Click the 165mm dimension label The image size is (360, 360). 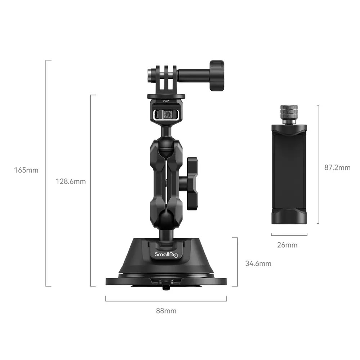(26, 170)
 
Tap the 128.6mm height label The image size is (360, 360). (71, 181)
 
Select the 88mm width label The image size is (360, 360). (166, 311)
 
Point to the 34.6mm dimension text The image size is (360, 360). (258, 264)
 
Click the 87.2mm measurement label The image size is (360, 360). (337, 167)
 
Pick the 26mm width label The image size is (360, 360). (287, 245)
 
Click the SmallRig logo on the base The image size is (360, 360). (166, 254)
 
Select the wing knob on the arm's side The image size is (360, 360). (192, 184)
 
